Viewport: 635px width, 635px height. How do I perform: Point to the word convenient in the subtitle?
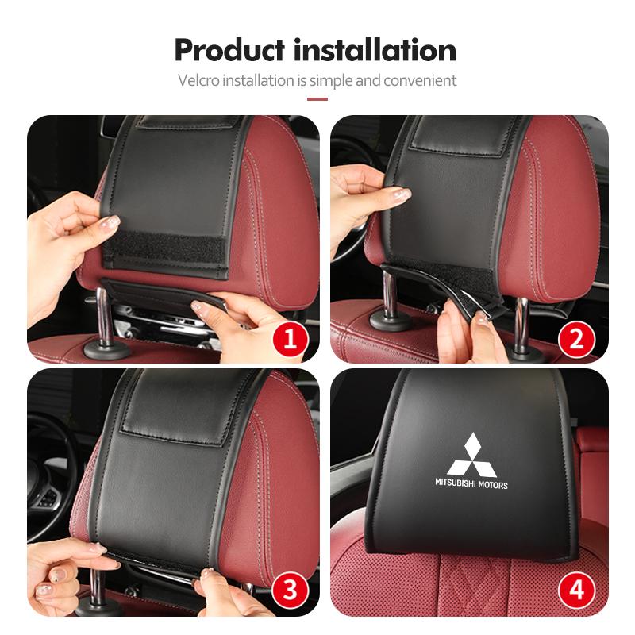[x=420, y=80]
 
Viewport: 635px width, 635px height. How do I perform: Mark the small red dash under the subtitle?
[x=317, y=99]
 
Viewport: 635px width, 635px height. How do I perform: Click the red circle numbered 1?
[x=290, y=340]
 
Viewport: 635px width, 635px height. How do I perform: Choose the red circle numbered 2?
[x=577, y=340]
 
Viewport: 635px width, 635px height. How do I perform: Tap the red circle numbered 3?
[x=290, y=590]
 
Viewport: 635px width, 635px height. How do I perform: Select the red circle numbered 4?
[x=577, y=590]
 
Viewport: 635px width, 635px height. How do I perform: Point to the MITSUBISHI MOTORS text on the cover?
[x=471, y=483]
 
